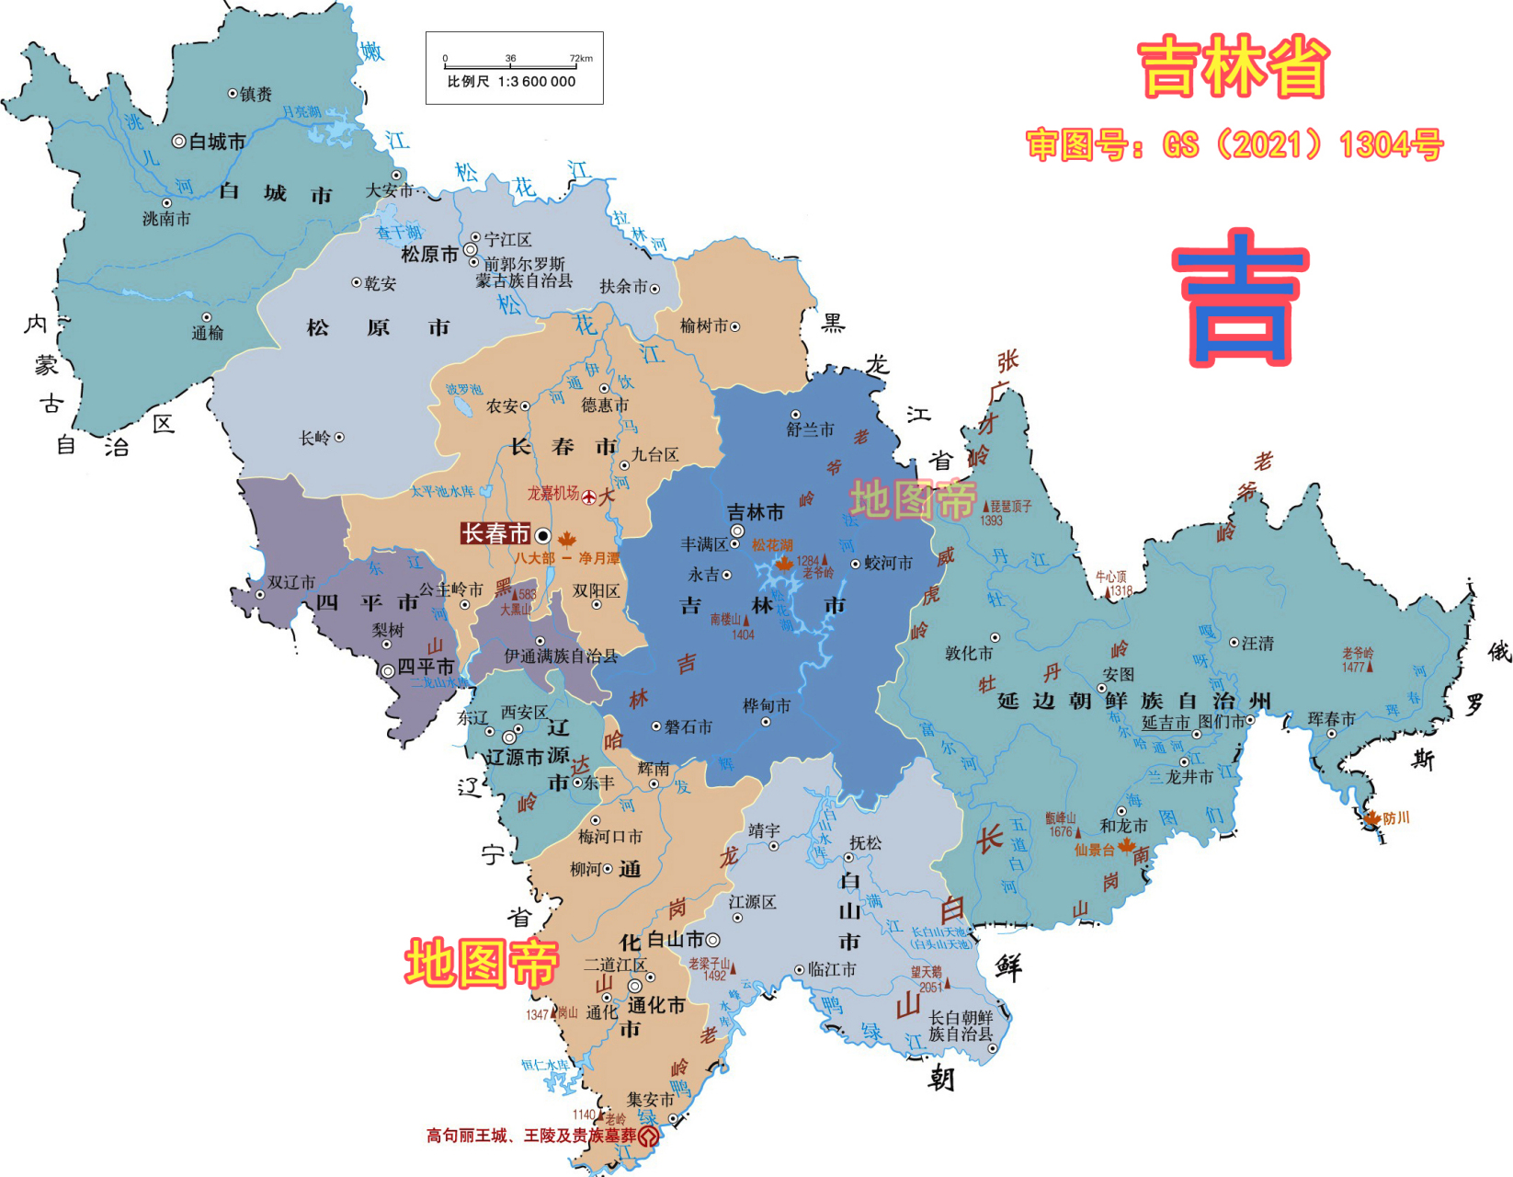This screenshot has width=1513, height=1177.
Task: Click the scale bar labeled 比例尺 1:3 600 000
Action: (x=514, y=69)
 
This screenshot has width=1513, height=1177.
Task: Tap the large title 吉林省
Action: (x=1234, y=66)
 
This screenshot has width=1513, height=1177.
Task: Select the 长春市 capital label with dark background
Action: (x=495, y=534)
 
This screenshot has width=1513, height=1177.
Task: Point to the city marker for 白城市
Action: (x=179, y=142)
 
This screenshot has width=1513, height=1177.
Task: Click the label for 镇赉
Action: (x=256, y=94)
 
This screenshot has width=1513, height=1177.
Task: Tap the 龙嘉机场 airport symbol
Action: (x=589, y=497)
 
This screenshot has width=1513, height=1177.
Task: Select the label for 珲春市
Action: (x=1331, y=719)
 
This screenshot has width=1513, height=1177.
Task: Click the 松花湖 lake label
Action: (x=771, y=545)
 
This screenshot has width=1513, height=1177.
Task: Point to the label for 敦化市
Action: (x=969, y=653)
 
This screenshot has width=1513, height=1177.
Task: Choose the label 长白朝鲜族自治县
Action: (x=961, y=1025)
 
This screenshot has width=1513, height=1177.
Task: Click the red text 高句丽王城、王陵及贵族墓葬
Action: (x=531, y=1136)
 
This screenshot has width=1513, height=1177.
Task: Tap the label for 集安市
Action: (x=650, y=1099)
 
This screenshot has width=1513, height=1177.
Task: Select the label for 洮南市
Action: (x=166, y=219)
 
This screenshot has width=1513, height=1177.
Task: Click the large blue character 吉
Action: (x=1240, y=298)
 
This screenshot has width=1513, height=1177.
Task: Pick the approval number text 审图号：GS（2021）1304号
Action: (x=1234, y=145)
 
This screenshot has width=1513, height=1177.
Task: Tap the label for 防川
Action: (x=1395, y=817)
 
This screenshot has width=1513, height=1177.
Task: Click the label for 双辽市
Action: (x=290, y=582)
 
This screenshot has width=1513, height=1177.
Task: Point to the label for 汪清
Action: (x=1257, y=644)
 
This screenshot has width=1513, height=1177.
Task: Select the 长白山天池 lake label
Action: (x=939, y=938)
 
